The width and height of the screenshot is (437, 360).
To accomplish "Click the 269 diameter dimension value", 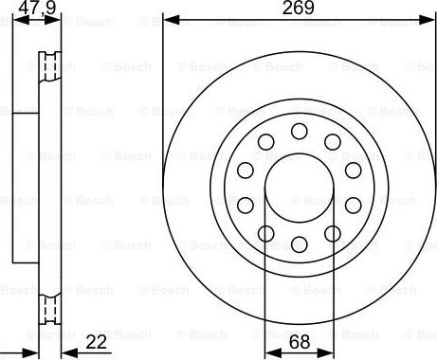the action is [x=299, y=8].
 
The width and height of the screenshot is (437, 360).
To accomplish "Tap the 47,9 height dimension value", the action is [x=37, y=8].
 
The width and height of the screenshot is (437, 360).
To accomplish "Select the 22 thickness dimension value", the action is [x=96, y=342].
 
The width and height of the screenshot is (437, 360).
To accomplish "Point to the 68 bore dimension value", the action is [x=300, y=342].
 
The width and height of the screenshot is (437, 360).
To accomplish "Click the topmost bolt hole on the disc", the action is [x=300, y=131].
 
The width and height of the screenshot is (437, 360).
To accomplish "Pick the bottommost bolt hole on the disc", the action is [x=300, y=244].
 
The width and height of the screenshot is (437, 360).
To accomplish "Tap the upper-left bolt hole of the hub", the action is [x=265, y=142].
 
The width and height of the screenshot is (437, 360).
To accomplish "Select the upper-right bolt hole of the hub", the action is [x=333, y=142].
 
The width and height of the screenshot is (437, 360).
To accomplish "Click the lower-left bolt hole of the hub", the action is [x=265, y=234].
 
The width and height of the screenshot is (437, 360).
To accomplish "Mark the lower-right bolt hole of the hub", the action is [x=333, y=234].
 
